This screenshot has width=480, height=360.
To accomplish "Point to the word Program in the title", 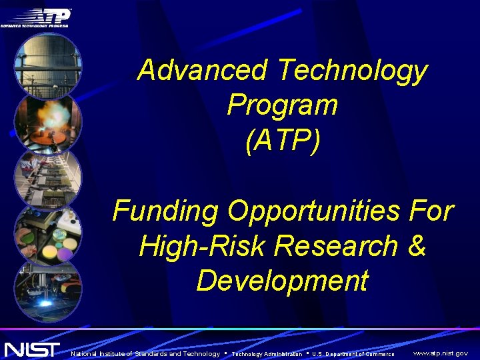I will [282, 105].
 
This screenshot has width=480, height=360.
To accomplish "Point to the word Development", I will [282, 281].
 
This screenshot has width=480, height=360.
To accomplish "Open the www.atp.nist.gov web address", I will [440, 353].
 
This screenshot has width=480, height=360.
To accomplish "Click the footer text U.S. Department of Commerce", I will [353, 354].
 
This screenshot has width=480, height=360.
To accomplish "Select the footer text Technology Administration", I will [266, 354].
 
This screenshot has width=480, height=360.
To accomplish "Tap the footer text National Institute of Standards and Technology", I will [145, 353].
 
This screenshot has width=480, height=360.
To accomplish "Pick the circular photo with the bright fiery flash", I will [48, 123].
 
